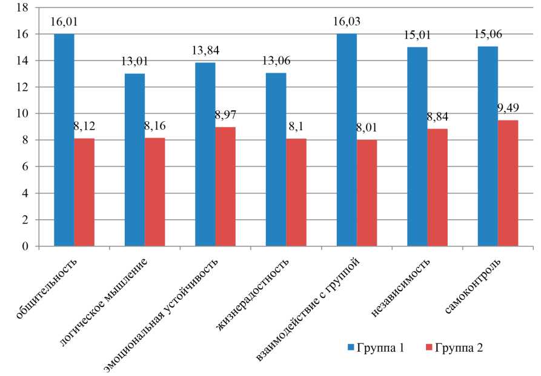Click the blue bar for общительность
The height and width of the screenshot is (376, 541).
(x=64, y=140)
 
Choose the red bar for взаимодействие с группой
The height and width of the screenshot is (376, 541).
(x=367, y=193)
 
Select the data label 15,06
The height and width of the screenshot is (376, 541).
(x=488, y=34)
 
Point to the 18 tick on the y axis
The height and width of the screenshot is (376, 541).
(x=22, y=8)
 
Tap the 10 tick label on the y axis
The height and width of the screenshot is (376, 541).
(x=22, y=114)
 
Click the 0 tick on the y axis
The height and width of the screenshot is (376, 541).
(x=25, y=247)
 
